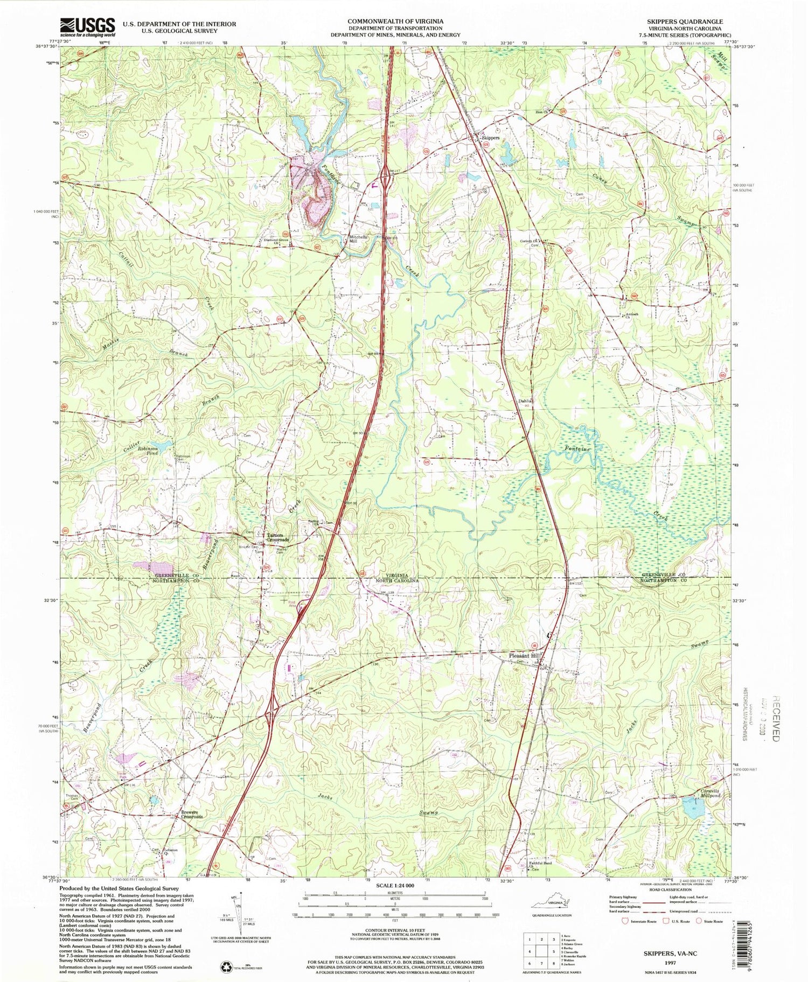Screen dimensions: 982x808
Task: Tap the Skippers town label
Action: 490,138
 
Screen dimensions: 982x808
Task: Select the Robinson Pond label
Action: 149,451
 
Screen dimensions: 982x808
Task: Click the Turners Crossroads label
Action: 278,537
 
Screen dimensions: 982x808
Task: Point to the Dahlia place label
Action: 525,401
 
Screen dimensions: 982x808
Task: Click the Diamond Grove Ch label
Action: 278,242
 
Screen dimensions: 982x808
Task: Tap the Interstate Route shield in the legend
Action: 626,920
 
